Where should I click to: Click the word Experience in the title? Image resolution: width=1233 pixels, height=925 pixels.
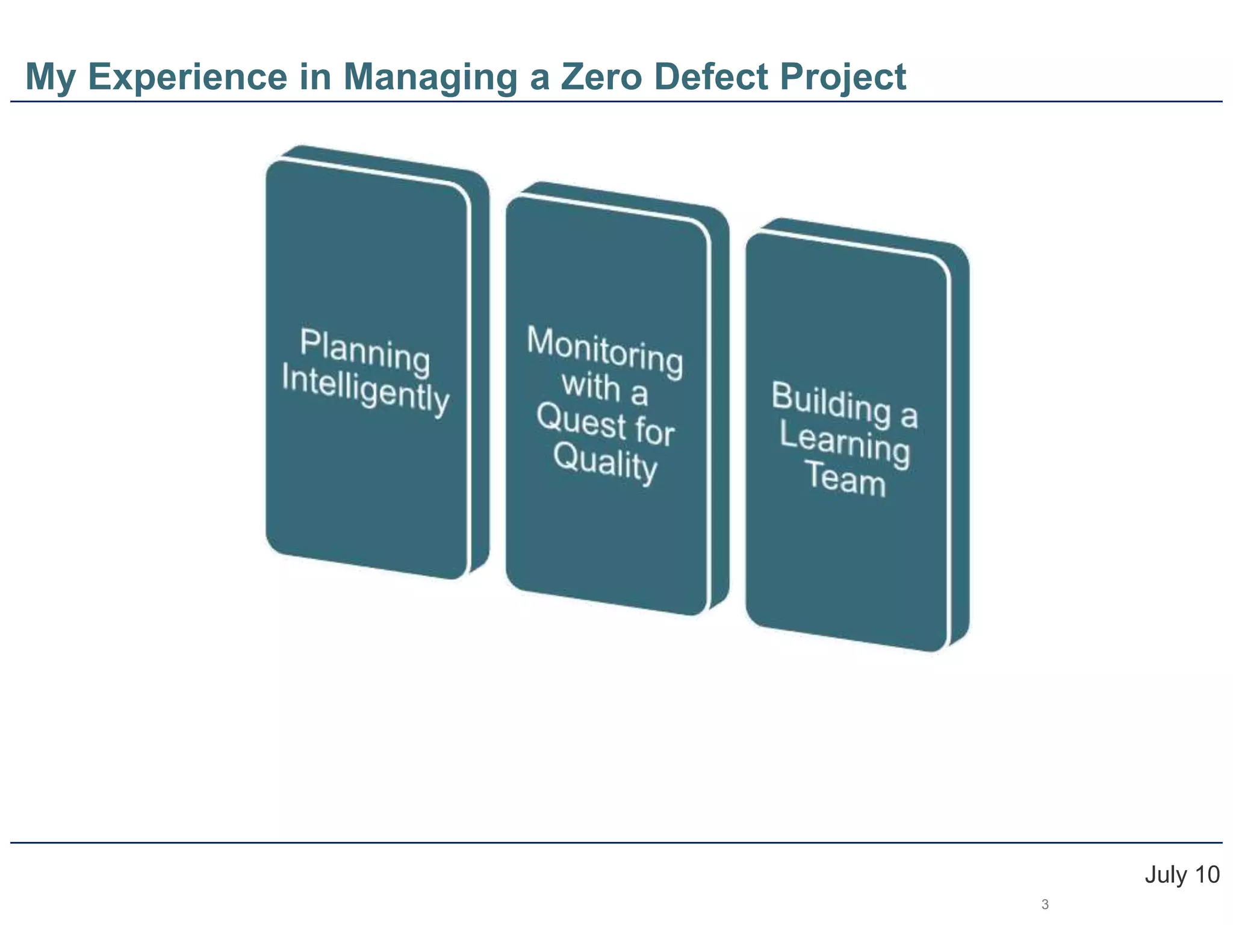pos(187,77)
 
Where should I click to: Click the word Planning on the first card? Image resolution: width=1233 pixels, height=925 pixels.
pos(365,351)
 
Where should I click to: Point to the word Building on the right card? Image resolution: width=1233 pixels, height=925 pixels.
pos(831,402)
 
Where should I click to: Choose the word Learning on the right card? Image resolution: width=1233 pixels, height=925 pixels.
pos(844,443)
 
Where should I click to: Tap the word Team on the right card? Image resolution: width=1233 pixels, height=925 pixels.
pos(846,479)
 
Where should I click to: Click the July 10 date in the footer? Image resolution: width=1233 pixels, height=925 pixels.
pos(1182,874)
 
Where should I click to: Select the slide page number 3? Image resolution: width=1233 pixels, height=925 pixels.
pos(1045,905)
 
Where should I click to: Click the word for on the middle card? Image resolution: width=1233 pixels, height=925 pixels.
pos(654,431)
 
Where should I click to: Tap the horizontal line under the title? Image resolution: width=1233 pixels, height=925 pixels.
pos(616,102)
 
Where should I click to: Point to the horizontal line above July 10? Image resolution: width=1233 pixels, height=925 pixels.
pos(616,842)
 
